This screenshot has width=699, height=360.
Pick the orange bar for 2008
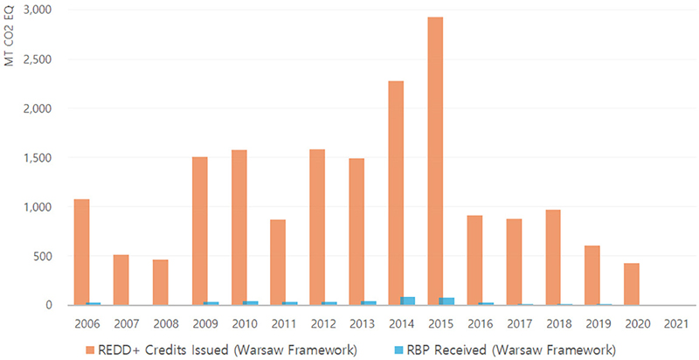(160, 282)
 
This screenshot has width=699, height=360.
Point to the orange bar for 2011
(278, 262)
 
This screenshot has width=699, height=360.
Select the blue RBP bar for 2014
(408, 301)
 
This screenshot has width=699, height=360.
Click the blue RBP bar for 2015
(447, 301)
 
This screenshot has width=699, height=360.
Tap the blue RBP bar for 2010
(251, 302)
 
